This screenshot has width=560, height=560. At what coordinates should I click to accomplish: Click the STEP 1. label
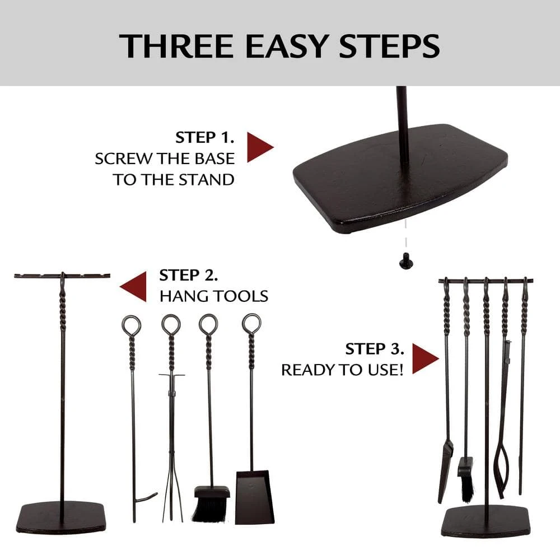[204, 138]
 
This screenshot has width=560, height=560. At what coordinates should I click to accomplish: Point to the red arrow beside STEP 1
[259, 148]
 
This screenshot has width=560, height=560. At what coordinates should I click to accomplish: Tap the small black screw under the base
[403, 259]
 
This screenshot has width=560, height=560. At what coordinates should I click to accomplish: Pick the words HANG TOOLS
[213, 296]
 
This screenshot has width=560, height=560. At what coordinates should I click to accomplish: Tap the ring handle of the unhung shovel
[251, 323]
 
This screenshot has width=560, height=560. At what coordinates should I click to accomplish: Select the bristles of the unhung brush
[212, 507]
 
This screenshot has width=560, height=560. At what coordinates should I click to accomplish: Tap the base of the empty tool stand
[60, 517]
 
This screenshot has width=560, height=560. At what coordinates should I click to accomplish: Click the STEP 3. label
[375, 349]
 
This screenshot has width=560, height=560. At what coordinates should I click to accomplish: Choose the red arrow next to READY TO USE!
[425, 358]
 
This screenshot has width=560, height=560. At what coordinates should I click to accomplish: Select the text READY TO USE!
[342, 370]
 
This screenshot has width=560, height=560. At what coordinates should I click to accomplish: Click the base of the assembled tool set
[485, 521]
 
